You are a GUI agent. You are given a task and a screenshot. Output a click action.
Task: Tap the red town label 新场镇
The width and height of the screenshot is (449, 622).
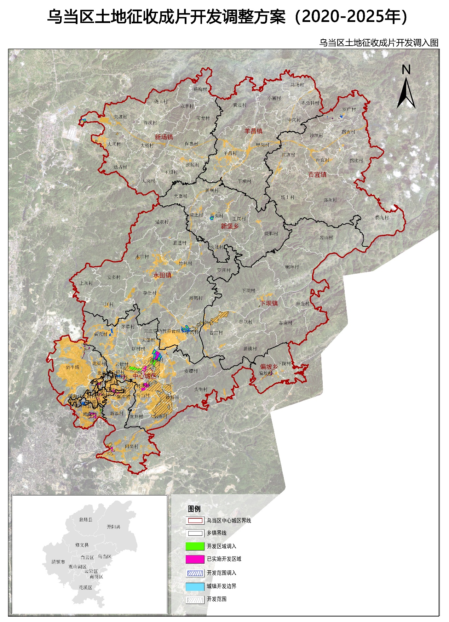[x=164, y=137]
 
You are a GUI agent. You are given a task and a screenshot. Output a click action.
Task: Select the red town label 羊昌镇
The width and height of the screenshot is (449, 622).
[x=254, y=131]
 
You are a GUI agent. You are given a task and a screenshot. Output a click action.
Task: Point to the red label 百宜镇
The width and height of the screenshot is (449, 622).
[x=317, y=175]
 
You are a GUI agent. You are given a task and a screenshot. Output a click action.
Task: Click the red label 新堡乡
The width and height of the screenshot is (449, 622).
[x=230, y=226]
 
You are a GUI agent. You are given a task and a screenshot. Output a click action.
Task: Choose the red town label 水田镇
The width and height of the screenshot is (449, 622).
[x=162, y=275]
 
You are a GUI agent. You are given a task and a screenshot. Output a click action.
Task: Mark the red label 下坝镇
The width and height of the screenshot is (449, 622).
[x=269, y=303]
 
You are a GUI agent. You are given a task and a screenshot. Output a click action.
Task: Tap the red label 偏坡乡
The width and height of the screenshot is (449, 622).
[x=269, y=367]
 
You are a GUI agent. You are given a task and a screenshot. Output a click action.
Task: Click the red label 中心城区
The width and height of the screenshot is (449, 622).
[x=144, y=376]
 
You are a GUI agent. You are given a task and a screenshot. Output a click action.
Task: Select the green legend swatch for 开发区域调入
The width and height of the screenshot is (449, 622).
[x=195, y=546]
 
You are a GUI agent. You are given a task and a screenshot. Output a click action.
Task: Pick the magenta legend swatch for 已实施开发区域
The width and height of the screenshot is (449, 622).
[x=195, y=559]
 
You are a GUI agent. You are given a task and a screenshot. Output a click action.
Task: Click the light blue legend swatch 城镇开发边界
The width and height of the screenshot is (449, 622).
[x=195, y=586]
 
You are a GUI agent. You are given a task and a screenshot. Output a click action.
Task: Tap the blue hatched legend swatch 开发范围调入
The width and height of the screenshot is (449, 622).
[x=195, y=573]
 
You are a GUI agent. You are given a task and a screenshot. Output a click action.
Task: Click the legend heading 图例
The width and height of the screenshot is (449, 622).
[x=194, y=509]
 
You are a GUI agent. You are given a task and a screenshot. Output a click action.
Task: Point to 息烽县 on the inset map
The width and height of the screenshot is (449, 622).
[x=86, y=519]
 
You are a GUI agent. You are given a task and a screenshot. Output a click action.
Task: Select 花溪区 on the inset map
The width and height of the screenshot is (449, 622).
[x=85, y=587]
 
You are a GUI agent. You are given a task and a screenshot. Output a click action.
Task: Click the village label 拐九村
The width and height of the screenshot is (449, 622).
[x=382, y=217]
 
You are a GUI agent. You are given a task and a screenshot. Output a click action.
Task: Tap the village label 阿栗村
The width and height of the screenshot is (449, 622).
[x=132, y=446]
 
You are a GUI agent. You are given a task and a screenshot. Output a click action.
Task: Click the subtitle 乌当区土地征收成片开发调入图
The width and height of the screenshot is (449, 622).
[x=379, y=43]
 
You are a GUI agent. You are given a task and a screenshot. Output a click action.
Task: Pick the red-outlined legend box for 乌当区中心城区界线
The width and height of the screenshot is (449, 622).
[x=195, y=520]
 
